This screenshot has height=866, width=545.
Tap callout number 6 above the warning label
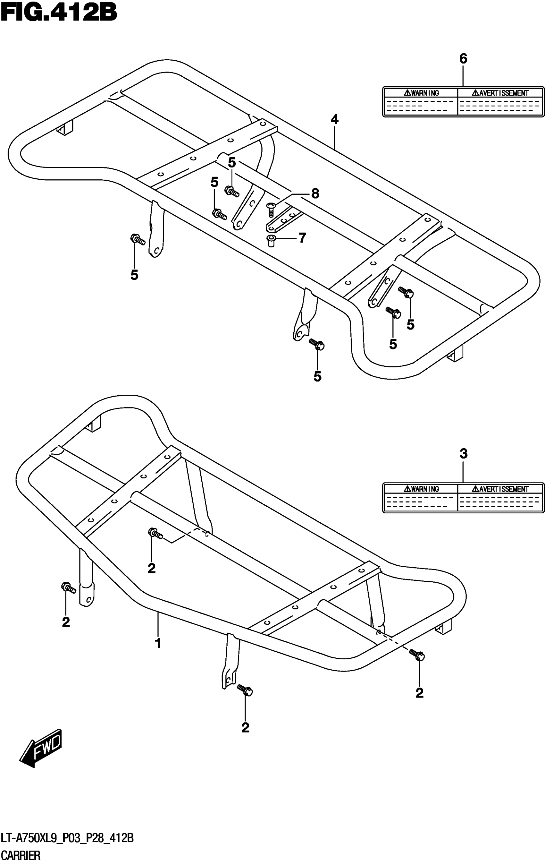[x=463, y=59]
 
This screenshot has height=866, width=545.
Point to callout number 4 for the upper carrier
[x=334, y=119]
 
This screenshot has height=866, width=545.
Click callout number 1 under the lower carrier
[x=158, y=643]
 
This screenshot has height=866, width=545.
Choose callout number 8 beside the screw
[x=315, y=194]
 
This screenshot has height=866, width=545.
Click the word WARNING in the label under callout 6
[x=422, y=93]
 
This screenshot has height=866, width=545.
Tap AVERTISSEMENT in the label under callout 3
[x=500, y=489]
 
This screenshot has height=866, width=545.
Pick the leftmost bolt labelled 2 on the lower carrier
[x=68, y=588]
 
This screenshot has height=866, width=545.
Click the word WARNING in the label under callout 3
[x=422, y=489]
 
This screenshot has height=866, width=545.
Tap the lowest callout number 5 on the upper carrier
[x=317, y=377]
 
